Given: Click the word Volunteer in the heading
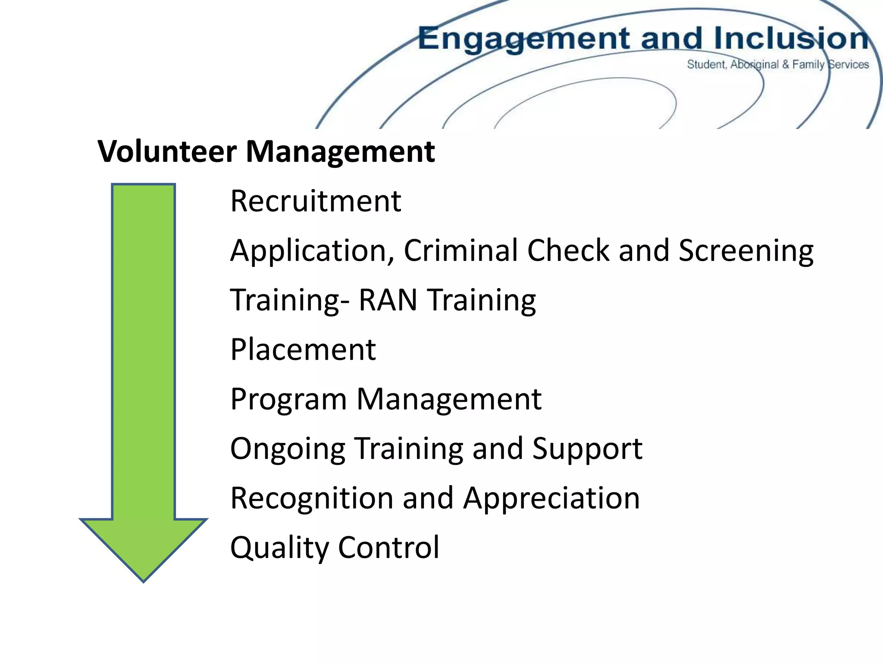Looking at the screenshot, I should click(167, 152).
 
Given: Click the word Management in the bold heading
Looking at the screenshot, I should click(340, 152).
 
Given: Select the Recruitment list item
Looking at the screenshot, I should click(316, 201).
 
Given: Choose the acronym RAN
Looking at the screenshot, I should click(388, 300).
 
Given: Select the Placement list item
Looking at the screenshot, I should click(303, 349).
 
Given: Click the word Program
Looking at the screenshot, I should click(288, 400).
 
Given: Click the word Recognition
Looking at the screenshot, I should click(312, 499).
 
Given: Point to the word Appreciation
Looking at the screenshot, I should click(551, 499).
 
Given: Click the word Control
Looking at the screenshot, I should click(388, 547).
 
